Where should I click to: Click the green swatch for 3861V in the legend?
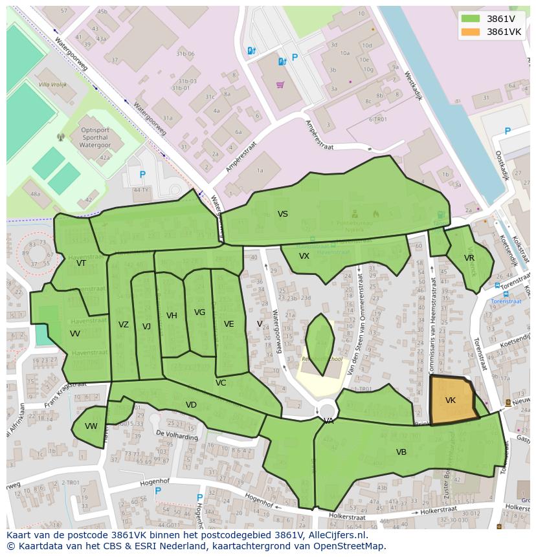[x=471, y=19]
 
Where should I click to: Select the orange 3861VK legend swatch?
[x=471, y=32]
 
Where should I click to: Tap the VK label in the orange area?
[x=451, y=400]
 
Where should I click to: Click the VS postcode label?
[x=283, y=214]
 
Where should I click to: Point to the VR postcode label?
[x=469, y=258]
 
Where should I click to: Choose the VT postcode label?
[x=81, y=263]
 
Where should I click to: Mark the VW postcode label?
[x=91, y=426]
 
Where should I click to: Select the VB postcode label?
[x=401, y=452]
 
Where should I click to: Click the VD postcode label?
[x=191, y=405]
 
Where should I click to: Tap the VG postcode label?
[x=199, y=312]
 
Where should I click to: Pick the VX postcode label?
[x=304, y=256]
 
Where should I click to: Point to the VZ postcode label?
[x=124, y=325]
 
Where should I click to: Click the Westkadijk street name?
[x=412, y=85]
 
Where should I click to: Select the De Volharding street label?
[x=177, y=435]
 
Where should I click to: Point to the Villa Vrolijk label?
[x=53, y=85]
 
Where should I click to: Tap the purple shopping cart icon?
[x=280, y=85]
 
